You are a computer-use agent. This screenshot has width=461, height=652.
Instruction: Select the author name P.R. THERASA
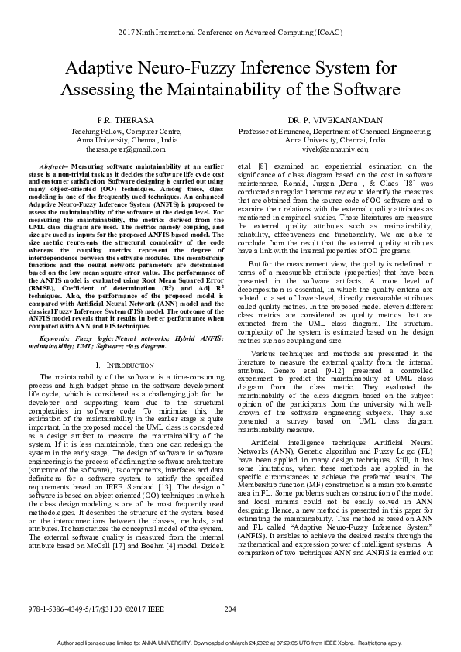point(126,122)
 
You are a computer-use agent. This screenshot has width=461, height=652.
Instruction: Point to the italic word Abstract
point(51,166)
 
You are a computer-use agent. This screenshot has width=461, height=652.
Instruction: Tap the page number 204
point(229,610)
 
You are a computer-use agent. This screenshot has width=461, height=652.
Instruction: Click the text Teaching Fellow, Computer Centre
point(126,132)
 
